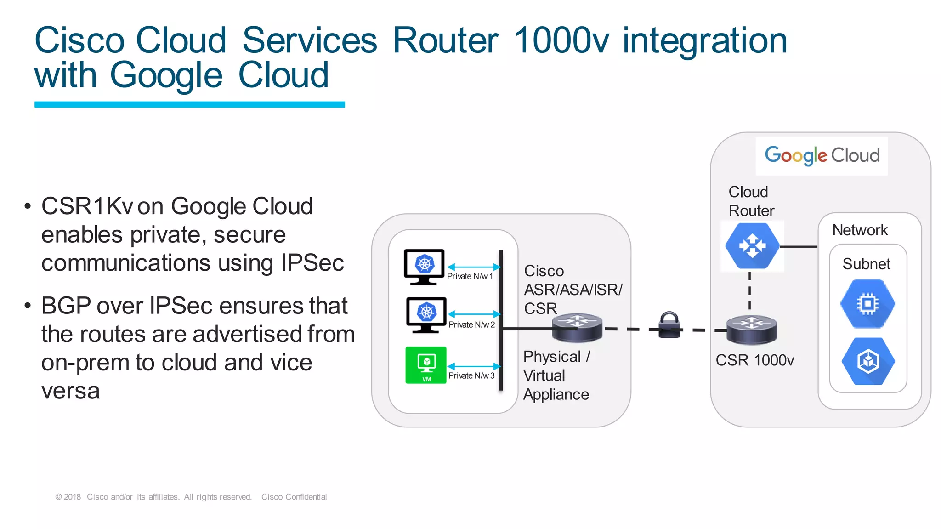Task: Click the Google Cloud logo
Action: coord(822,155)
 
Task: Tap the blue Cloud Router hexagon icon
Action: coord(752,246)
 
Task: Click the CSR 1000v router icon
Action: coord(751,330)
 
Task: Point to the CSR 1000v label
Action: coord(754,360)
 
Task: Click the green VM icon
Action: coord(426,365)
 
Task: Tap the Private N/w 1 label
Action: coord(470,276)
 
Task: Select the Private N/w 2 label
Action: coord(471,324)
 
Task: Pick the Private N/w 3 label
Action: coord(471,375)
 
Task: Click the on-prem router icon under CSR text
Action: coord(577,328)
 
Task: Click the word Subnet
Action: coord(866,264)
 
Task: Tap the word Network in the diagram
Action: coord(860,230)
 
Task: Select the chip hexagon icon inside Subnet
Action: coord(867,304)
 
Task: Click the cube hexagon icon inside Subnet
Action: coord(868,361)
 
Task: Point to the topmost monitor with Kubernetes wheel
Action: coord(424,267)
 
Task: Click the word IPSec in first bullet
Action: coord(312,263)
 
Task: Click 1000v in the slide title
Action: coord(561,40)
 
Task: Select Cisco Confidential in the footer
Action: coord(294,497)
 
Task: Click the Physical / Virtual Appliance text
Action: coord(556,375)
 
